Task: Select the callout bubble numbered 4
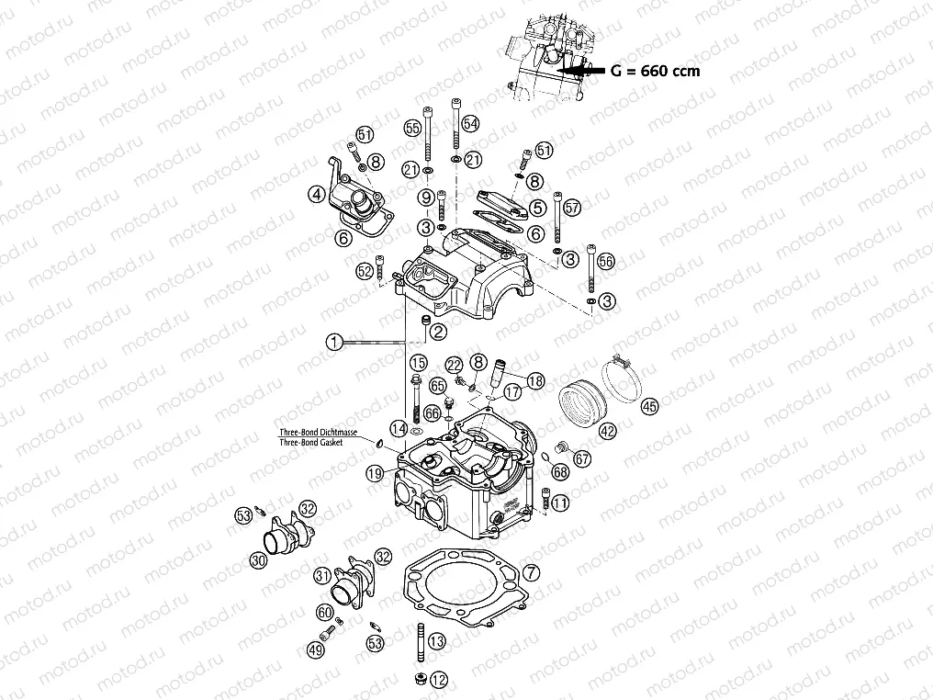(x=316, y=194)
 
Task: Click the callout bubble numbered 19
(x=373, y=473)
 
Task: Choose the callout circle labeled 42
(x=606, y=429)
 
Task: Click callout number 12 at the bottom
(x=438, y=681)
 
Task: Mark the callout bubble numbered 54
(x=470, y=123)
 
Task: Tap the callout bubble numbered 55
(x=412, y=127)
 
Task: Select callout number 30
(x=259, y=559)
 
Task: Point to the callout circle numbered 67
(x=580, y=458)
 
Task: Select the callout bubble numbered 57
(x=572, y=207)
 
